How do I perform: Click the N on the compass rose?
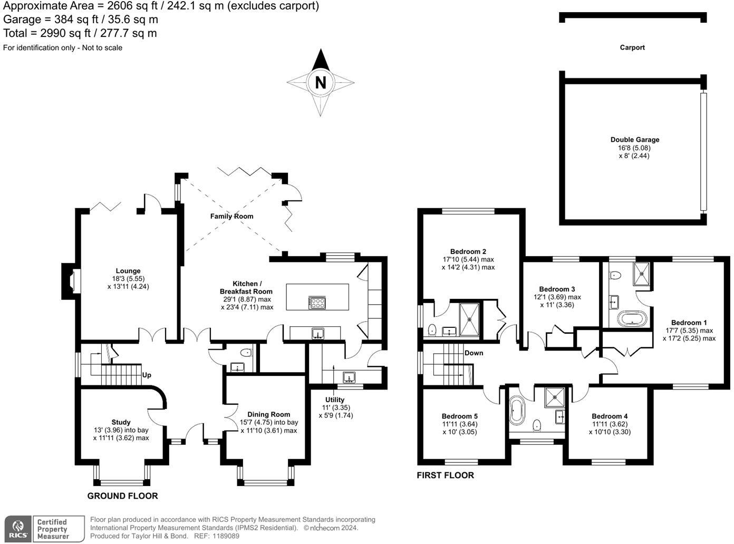point(320,83)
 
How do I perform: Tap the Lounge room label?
point(128,271)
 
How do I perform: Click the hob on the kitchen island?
point(317,303)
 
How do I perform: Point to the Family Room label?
point(231,216)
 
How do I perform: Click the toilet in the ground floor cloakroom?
point(245,352)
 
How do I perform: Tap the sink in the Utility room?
point(349,377)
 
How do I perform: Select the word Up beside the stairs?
point(147,375)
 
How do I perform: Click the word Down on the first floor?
point(474,353)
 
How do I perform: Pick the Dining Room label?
point(268,414)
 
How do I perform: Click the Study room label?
point(121,422)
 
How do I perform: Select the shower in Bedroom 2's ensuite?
point(469,319)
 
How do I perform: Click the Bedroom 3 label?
point(557,289)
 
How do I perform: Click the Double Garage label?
point(635,140)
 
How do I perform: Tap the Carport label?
point(632,47)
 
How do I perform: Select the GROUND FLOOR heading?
point(122,496)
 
